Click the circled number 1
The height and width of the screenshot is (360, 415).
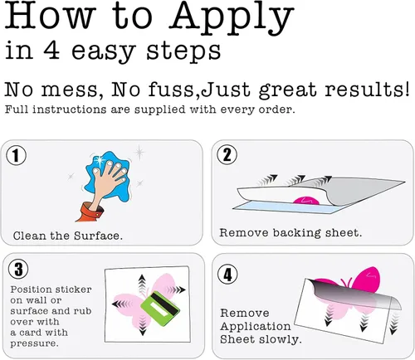click(x=17, y=155)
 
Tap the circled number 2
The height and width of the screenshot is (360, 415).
click(x=227, y=155)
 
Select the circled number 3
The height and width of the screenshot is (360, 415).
click(x=18, y=270)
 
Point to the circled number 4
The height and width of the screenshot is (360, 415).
click(x=227, y=275)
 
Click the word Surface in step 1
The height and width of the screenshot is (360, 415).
click(x=98, y=236)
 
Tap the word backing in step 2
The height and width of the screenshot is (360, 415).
click(x=296, y=233)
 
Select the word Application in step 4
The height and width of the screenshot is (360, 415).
click(x=256, y=327)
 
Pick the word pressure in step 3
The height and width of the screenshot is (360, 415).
click(x=35, y=343)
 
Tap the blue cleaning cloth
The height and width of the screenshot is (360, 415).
click(x=107, y=175)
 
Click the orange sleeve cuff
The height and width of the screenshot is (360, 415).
click(x=90, y=212)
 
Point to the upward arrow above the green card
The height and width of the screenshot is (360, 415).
click(x=142, y=283)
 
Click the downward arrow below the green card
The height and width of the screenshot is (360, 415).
click(x=143, y=326)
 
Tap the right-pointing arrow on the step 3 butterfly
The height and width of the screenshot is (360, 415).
click(x=176, y=289)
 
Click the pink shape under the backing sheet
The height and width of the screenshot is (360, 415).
click(x=306, y=201)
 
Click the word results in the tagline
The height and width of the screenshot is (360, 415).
click(x=367, y=90)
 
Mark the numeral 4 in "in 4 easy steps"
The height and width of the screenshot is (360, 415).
click(x=51, y=50)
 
